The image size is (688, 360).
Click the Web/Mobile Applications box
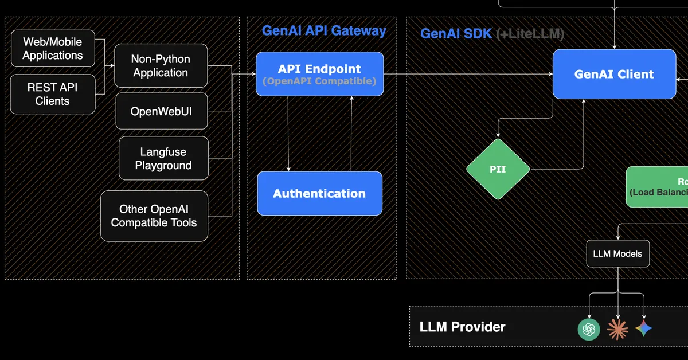53,49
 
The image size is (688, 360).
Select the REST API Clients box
53,94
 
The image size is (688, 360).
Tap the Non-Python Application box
161,66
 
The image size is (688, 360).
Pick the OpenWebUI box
161,111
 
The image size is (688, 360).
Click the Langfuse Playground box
163,159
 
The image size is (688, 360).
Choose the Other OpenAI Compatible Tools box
154,216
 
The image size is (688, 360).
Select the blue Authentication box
319,194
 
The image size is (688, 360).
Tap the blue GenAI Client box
614,74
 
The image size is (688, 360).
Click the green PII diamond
498,170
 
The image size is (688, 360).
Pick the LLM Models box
617,253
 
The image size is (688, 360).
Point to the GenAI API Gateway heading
324,31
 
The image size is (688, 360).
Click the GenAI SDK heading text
456,34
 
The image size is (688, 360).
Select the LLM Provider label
462,327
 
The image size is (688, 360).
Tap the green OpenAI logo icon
589,329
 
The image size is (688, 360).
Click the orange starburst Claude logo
617,329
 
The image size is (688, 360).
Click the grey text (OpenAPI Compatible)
319,81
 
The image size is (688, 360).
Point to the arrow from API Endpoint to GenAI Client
467,74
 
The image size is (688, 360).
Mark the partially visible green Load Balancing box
658,187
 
